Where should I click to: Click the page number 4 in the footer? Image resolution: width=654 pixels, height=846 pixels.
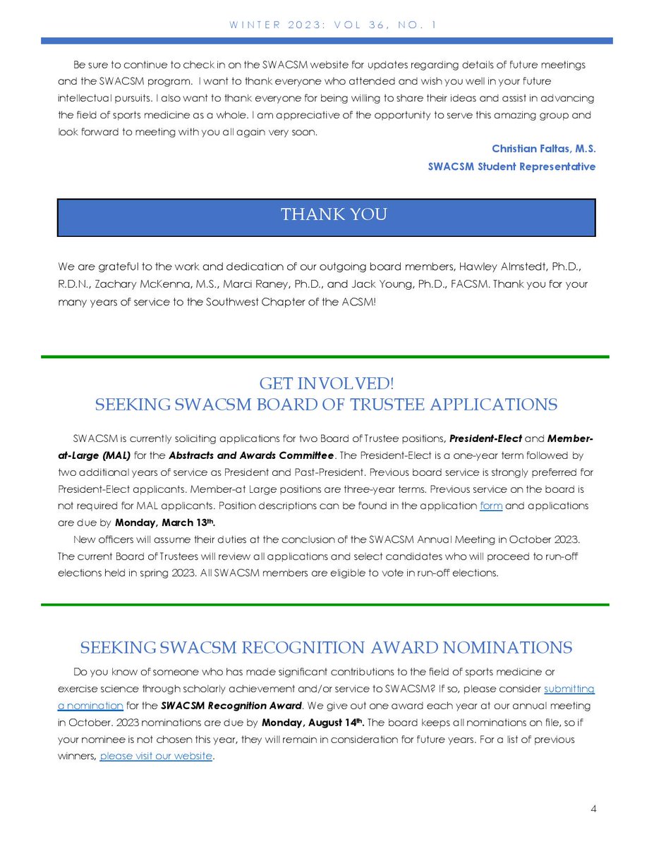coord(594,809)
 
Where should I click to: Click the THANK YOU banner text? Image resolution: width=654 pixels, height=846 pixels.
coord(334,214)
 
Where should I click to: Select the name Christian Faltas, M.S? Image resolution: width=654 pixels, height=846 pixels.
coord(543,149)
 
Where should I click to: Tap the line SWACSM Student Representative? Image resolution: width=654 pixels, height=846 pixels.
coord(511,166)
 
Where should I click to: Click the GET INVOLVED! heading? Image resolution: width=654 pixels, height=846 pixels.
coord(326,384)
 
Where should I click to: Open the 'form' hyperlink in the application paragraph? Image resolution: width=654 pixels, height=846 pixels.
coord(490,505)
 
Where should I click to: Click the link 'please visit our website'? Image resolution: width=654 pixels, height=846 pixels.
coord(156,756)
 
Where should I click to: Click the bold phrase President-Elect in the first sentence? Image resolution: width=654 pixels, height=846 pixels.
coord(485,438)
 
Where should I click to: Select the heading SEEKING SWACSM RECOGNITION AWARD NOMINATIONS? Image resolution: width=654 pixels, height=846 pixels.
coord(326,648)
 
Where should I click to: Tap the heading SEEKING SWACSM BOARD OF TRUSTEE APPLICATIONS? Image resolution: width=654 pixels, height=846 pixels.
coord(326,405)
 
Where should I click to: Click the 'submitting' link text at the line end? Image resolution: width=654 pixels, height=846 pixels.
coord(569,689)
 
